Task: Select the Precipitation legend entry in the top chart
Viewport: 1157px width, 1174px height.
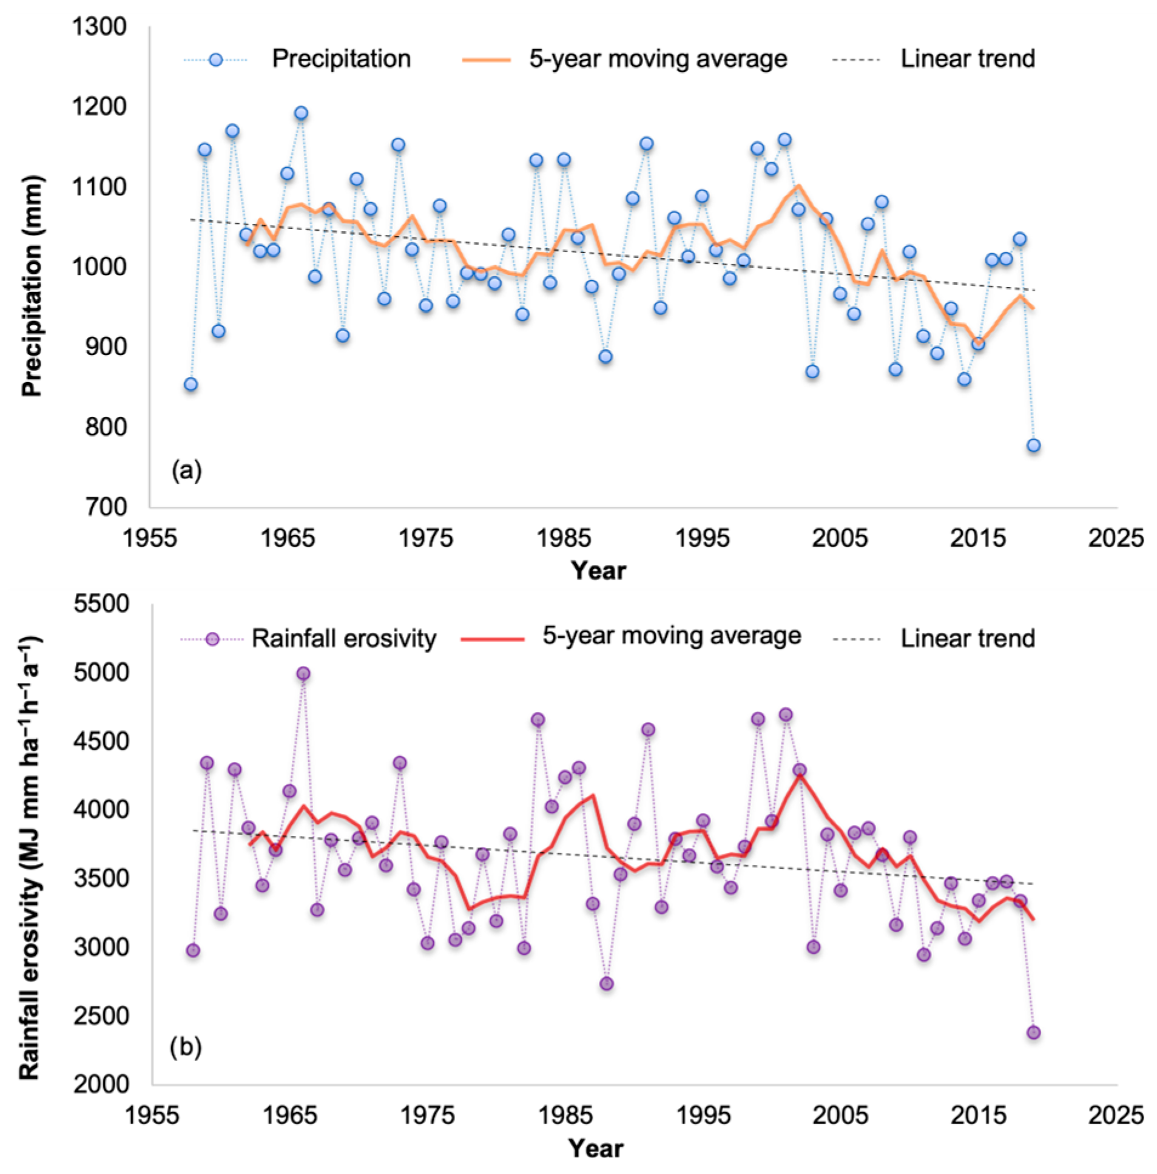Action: (341, 59)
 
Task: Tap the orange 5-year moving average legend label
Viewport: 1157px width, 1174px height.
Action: (658, 59)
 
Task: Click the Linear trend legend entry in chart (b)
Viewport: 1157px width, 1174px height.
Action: (967, 639)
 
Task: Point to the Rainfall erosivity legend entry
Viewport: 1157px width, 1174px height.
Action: (344, 639)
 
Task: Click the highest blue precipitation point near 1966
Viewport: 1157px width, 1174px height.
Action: (302, 113)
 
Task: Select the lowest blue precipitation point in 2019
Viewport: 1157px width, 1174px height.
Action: (1033, 446)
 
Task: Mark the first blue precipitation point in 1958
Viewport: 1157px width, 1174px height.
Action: (191, 384)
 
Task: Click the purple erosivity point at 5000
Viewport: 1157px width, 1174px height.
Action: (303, 673)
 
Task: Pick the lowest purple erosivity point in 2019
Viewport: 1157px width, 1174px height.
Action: (1033, 1033)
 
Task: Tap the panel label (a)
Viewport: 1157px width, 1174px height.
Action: (186, 470)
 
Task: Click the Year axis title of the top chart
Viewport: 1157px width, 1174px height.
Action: (598, 571)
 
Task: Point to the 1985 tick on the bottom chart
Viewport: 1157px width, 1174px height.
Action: (565, 1115)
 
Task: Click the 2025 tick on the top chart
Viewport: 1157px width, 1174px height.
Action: (1116, 538)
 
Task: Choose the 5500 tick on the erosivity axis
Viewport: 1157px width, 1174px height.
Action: (101, 604)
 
